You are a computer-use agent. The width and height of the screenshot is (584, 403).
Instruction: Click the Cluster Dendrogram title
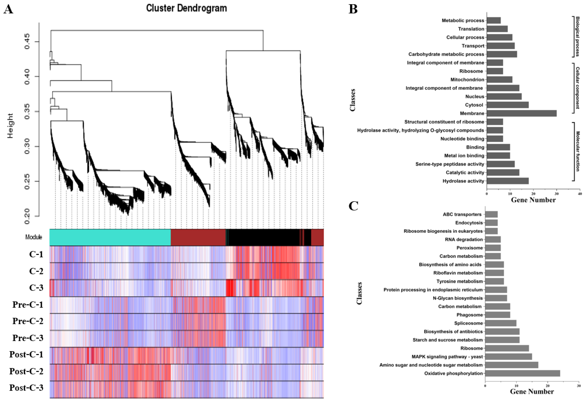pos(186,8)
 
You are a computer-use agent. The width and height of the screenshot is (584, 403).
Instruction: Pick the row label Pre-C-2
pos(28,321)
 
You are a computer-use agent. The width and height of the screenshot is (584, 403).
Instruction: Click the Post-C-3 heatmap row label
pos(26,388)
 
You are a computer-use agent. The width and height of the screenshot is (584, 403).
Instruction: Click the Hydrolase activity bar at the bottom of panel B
pos(507,181)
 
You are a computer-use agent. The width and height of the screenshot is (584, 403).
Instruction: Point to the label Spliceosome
pos(468,323)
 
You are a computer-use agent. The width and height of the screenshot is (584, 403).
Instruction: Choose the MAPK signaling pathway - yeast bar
pos(508,357)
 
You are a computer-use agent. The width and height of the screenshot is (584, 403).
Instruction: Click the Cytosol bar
pos(507,105)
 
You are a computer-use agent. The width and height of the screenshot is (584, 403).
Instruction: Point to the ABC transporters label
pos(462,214)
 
